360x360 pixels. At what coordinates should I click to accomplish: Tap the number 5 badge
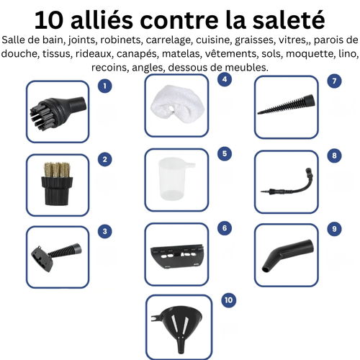[x=225, y=153]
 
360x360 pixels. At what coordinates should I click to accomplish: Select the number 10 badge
[x=228, y=300]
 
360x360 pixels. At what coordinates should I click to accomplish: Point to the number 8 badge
[x=333, y=156]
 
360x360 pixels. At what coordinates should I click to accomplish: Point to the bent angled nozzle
[x=284, y=254]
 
